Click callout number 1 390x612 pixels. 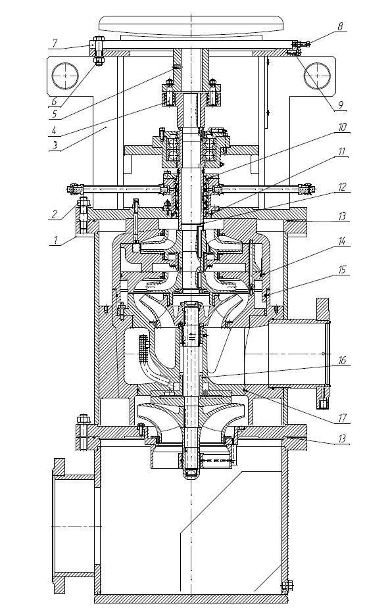(56, 241)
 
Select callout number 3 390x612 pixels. (55, 145)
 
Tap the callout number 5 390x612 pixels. (55, 114)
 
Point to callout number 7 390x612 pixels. (55, 43)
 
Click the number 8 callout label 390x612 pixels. (340, 26)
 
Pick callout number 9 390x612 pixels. (340, 105)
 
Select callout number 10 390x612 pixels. (342, 128)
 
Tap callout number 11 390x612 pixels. (342, 151)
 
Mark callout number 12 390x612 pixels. (342, 187)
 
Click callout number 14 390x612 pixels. (342, 241)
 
